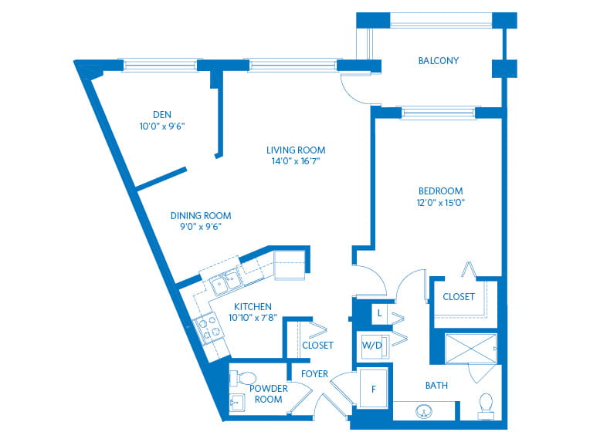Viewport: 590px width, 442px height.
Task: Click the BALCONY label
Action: (x=439, y=60)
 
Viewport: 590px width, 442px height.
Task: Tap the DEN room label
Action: (x=162, y=115)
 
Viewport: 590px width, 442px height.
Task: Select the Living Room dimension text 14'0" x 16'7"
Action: (x=296, y=161)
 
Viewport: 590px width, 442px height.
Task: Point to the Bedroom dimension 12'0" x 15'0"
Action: (x=441, y=203)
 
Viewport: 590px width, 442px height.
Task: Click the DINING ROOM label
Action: (x=201, y=216)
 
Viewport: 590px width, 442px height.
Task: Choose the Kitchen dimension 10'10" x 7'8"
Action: (x=253, y=318)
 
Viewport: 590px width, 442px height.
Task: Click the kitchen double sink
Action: (x=225, y=282)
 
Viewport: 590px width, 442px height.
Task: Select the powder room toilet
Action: (x=242, y=378)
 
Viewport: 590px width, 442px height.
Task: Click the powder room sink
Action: (x=236, y=403)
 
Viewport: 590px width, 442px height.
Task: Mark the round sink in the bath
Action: (x=424, y=411)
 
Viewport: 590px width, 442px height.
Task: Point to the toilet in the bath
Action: (x=486, y=406)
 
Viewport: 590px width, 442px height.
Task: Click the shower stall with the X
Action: (x=471, y=349)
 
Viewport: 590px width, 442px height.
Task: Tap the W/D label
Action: (x=372, y=345)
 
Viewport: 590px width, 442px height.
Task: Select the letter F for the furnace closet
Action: (x=374, y=390)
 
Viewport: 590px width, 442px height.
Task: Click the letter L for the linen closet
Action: (x=380, y=312)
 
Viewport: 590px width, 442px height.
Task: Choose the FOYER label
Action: (x=314, y=374)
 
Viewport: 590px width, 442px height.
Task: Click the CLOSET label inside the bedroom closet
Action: (x=459, y=297)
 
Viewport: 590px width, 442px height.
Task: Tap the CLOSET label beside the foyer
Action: (x=318, y=346)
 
